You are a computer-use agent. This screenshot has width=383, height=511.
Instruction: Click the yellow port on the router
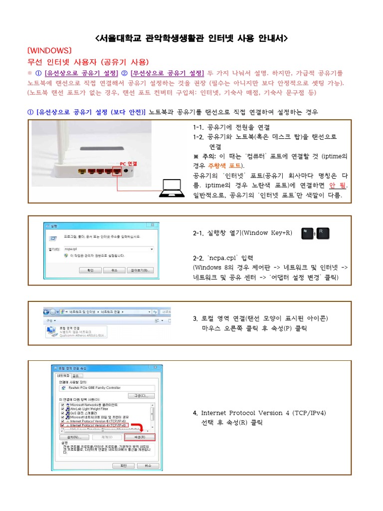[x=81, y=172]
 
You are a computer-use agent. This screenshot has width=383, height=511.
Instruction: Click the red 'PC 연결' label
[x=128, y=164]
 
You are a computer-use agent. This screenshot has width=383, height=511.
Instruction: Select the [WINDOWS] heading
[x=50, y=51]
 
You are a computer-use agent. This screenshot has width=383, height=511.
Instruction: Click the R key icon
[x=322, y=233]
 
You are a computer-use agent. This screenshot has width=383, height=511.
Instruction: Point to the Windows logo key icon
[x=307, y=233]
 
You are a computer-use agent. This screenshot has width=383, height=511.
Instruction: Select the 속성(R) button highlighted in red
[x=140, y=437]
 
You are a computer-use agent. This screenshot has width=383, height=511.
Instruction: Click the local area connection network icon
[x=51, y=331]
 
